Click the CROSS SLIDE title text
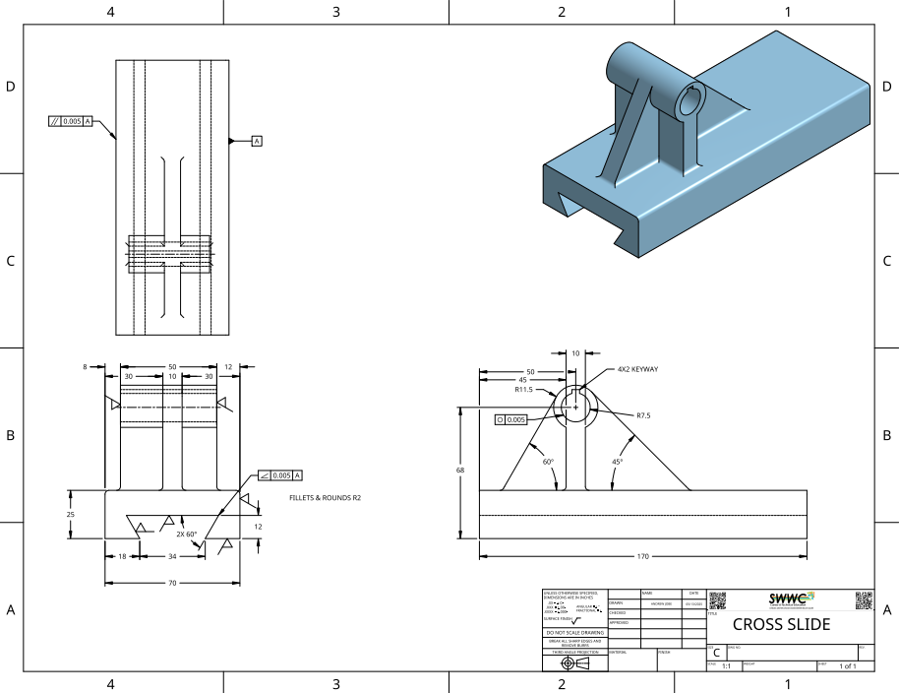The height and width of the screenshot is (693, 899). pos(781,625)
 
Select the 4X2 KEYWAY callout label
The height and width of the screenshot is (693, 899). pos(637,369)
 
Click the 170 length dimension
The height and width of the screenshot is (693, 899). pos(642,557)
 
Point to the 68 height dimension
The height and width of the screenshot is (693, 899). pos(460,471)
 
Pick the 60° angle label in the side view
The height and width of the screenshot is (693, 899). pos(548,461)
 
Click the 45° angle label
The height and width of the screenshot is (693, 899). pos(617,461)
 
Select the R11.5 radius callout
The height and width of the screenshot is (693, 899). pos(523,390)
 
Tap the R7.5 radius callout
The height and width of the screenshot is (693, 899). pos(643,415)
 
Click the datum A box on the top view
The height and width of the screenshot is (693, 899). pos(257,142)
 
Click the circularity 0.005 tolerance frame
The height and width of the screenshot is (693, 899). pos(511,419)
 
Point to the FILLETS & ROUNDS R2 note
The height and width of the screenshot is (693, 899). pos(326,498)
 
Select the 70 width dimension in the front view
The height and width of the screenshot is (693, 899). pos(172,584)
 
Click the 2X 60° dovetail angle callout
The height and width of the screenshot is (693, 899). pos(187,534)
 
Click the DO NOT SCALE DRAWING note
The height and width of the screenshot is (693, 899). pos(575,632)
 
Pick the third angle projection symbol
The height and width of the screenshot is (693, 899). pos(575,663)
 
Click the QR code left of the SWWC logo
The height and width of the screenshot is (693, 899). pos(718,600)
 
